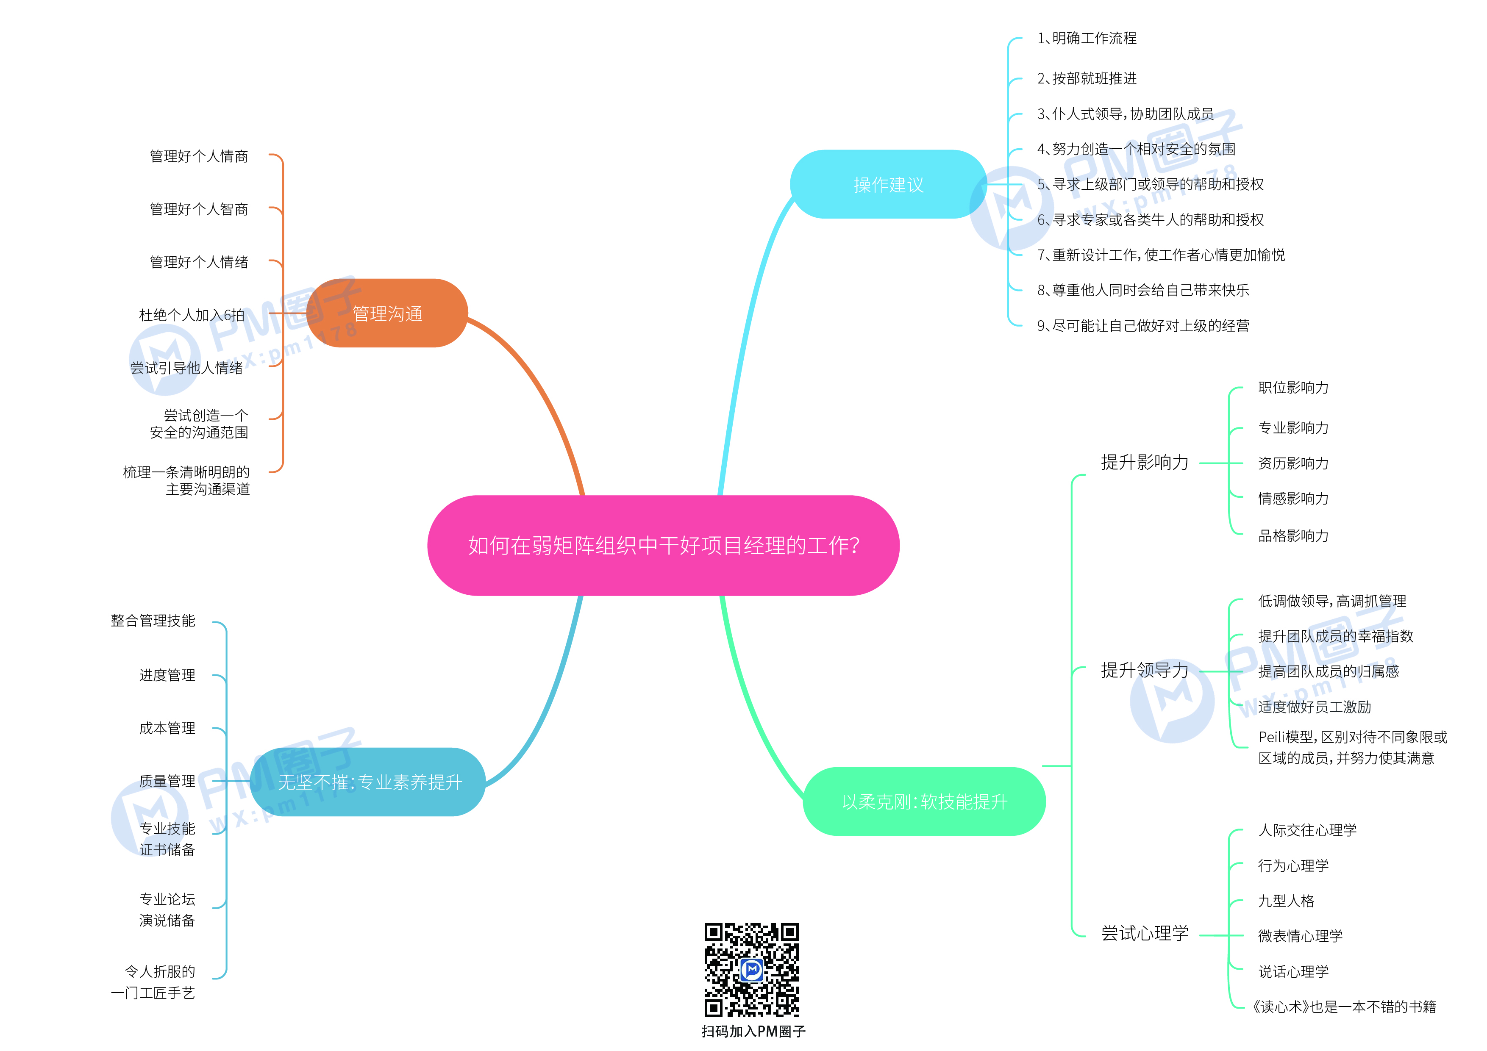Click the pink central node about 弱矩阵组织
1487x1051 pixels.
663,545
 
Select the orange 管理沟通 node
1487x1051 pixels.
387,313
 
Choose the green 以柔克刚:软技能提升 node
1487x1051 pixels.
924,801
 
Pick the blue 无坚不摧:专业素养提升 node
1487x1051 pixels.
369,782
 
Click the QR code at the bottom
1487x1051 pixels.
751,969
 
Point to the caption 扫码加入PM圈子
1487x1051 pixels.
753,1031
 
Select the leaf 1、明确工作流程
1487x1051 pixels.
1087,38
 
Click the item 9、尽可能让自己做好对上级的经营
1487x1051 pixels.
1143,326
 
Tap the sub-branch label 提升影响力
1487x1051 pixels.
1145,462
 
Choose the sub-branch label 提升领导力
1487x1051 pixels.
1145,670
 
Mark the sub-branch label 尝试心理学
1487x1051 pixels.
1145,933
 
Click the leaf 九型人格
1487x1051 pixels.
1286,901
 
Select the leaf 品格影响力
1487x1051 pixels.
1293,535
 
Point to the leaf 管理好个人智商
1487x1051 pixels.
199,209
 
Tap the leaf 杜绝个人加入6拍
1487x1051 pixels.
192,315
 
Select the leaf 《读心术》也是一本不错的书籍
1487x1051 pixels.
1344,1007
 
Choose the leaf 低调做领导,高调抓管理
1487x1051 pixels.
1331,601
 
